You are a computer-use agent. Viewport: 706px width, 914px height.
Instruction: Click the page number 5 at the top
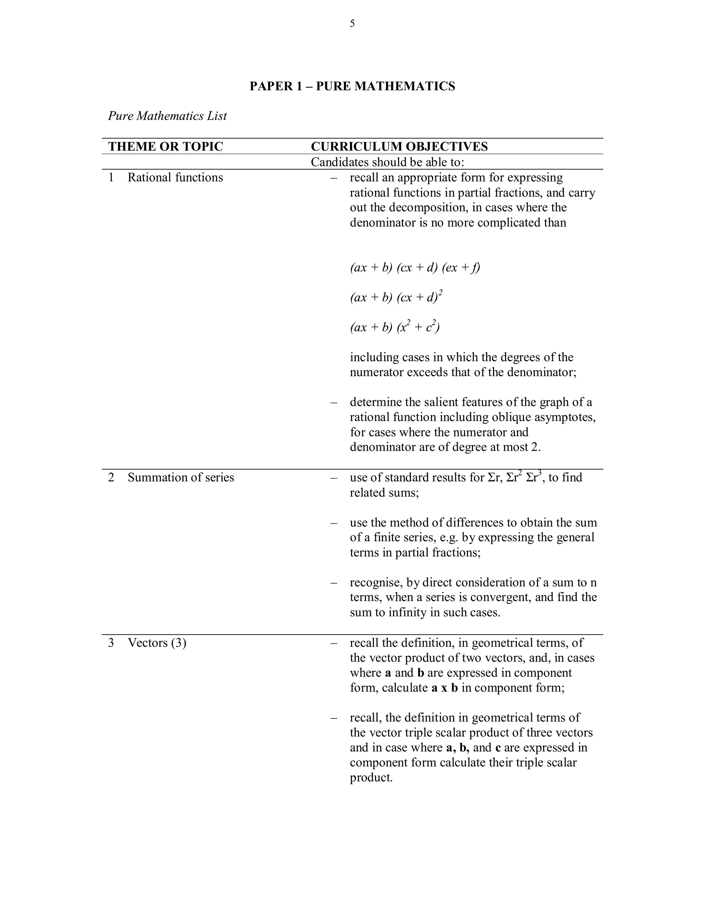(352, 24)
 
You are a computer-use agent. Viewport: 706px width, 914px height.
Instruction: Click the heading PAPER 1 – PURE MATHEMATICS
(352, 86)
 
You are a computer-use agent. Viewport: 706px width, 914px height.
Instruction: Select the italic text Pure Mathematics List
(167, 116)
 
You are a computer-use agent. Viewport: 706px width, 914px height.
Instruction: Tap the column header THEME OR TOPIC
(165, 147)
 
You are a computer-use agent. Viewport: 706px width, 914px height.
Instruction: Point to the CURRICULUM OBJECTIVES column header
(399, 147)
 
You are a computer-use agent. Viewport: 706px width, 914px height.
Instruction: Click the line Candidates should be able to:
(387, 162)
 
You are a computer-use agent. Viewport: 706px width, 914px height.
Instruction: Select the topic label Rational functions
(175, 177)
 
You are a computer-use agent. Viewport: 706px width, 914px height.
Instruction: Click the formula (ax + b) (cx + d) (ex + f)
(415, 267)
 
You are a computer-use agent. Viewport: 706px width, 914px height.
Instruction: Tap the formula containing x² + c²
(395, 327)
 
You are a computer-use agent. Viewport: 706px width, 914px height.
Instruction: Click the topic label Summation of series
(181, 477)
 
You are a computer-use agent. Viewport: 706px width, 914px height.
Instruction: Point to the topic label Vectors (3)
(157, 643)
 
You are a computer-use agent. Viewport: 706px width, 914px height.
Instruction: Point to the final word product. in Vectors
(371, 777)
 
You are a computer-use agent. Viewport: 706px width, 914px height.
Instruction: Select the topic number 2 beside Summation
(111, 477)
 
